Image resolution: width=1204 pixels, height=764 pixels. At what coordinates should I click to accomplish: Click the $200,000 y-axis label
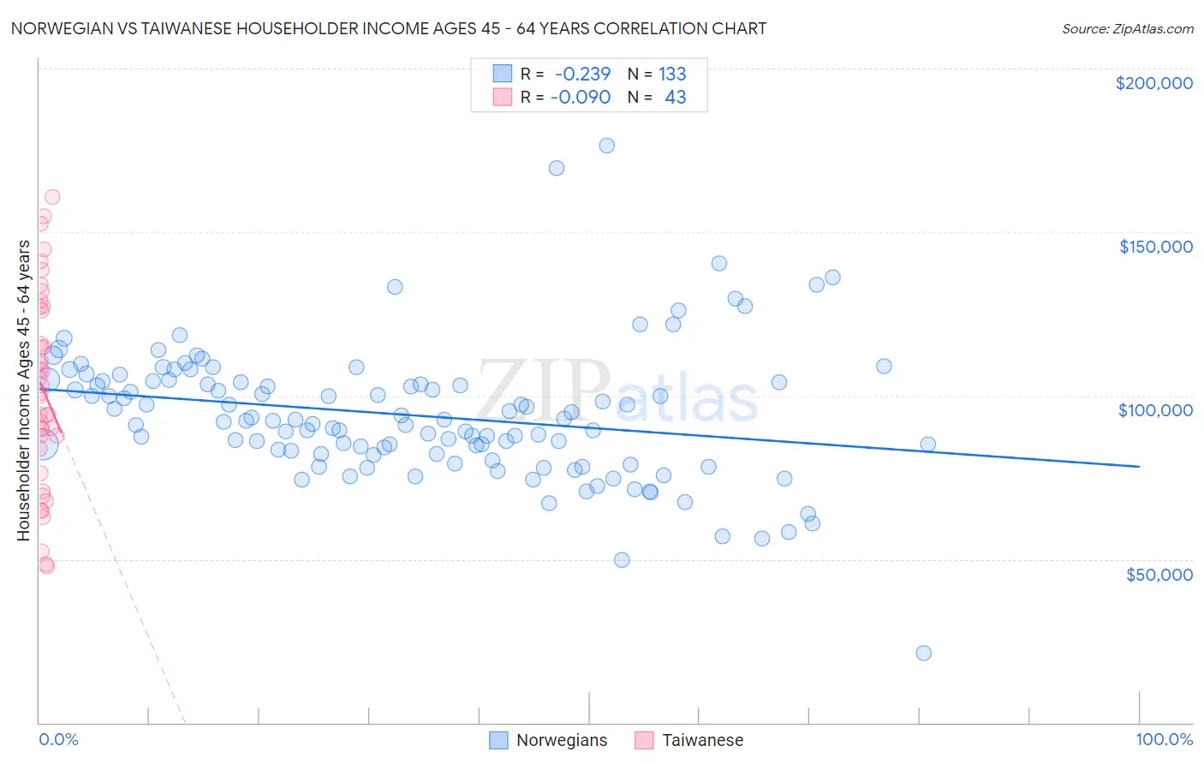click(1153, 83)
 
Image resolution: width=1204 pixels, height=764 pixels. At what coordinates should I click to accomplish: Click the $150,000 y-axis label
click(1155, 247)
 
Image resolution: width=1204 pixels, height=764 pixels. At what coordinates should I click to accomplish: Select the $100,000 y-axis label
click(1155, 410)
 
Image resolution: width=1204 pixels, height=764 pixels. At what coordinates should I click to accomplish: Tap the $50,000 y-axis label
click(1159, 574)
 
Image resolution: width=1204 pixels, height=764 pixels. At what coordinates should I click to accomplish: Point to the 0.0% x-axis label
click(58, 739)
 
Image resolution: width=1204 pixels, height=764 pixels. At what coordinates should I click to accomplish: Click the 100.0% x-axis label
click(1164, 739)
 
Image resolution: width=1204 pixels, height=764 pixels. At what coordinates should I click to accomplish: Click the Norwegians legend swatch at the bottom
click(498, 740)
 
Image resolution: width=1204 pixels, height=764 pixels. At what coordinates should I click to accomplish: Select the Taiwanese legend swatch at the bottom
click(644, 740)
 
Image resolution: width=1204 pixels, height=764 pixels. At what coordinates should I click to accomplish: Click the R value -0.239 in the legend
click(582, 74)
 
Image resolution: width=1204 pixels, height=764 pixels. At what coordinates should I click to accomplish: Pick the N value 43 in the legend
click(675, 97)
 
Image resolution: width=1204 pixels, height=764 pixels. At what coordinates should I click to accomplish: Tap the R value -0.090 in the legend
click(580, 97)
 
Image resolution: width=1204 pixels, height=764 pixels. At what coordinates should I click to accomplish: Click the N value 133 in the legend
click(672, 74)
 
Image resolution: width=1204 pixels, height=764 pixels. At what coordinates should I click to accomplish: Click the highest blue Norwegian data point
click(606, 146)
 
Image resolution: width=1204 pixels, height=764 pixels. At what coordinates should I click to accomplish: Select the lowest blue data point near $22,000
click(923, 653)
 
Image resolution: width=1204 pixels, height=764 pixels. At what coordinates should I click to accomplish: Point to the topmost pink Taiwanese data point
click(51, 197)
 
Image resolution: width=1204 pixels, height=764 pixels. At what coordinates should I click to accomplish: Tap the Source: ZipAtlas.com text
click(1127, 28)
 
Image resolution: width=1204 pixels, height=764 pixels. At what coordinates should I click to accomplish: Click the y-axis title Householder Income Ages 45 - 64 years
click(23, 391)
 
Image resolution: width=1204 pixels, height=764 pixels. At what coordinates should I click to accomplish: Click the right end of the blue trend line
click(1139, 466)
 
